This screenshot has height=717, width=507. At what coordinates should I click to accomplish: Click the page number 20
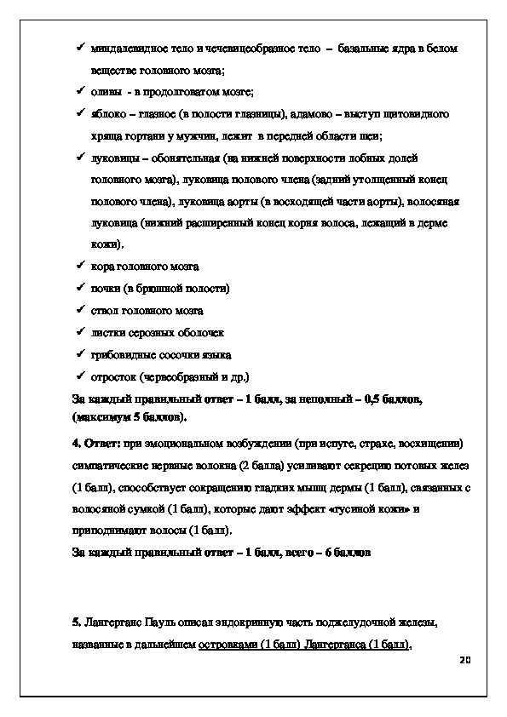click(x=464, y=660)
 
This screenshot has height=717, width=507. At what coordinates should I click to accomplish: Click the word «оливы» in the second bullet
click(x=107, y=92)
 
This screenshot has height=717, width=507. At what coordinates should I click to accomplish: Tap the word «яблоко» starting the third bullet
click(x=108, y=114)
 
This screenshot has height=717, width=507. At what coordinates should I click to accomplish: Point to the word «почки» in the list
click(x=106, y=289)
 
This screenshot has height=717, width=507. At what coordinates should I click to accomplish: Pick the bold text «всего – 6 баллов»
click(x=331, y=553)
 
